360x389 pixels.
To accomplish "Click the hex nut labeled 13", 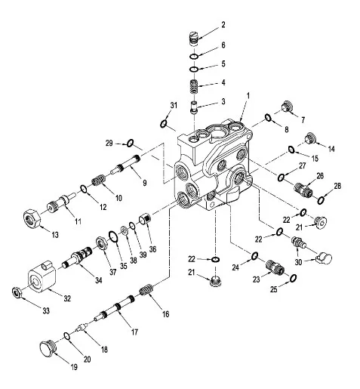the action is [32, 218].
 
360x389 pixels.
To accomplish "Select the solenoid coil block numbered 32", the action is [42, 277].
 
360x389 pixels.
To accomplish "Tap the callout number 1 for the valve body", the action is [248, 96].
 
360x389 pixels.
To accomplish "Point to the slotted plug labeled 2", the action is [194, 39].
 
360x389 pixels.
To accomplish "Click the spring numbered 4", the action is [194, 87].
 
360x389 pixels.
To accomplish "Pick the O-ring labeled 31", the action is [164, 124].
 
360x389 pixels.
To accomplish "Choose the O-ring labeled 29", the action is [130, 143].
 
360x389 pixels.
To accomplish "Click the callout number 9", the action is [145, 183].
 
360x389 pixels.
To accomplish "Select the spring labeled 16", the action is [146, 290].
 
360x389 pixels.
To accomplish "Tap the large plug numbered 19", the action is [48, 347].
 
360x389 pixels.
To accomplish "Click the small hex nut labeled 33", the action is [17, 292].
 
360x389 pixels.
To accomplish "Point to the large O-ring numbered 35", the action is [113, 236].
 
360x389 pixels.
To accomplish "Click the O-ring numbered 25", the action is [293, 278].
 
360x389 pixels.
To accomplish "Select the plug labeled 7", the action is [287, 107].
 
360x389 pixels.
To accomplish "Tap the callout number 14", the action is [331, 149].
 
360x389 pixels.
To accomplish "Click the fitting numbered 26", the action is [303, 190].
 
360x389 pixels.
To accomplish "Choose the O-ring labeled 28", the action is [321, 200].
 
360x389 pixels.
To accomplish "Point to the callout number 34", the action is [99, 280].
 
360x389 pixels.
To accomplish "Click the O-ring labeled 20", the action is [66, 335].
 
